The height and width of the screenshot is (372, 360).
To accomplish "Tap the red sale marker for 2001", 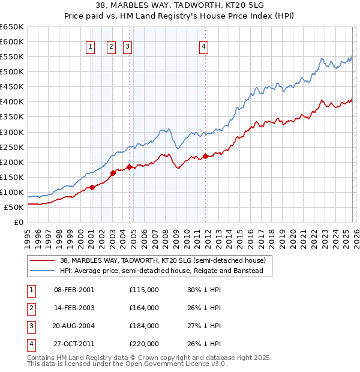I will (x=92, y=187).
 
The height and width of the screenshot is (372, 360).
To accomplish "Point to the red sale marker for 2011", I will (x=205, y=156).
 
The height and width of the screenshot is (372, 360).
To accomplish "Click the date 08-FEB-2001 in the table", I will (x=74, y=290).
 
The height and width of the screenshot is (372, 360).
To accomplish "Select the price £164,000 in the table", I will (x=144, y=308).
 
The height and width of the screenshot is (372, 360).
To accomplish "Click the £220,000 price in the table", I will (x=144, y=344).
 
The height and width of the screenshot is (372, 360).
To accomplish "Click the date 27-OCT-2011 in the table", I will (x=74, y=344).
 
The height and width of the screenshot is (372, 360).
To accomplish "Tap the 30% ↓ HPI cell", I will (x=204, y=290).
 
